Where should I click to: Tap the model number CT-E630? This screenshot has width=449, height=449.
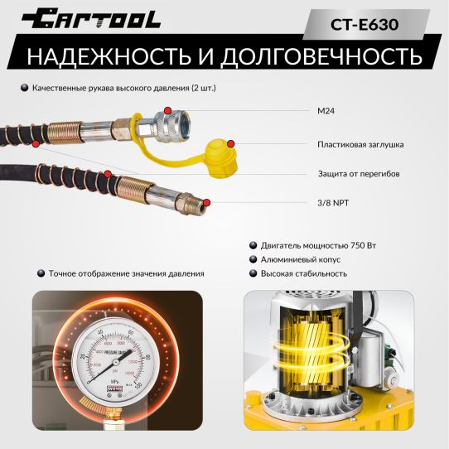(x=365, y=24)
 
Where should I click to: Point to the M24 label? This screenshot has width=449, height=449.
(x=326, y=110)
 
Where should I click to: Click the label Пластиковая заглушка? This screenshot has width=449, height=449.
(x=360, y=144)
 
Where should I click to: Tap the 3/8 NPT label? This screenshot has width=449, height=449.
(x=333, y=201)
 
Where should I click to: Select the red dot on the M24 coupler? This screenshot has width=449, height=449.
(x=168, y=110)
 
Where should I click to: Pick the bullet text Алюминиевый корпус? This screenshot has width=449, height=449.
(x=300, y=259)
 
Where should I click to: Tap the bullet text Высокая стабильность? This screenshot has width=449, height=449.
(x=303, y=273)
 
